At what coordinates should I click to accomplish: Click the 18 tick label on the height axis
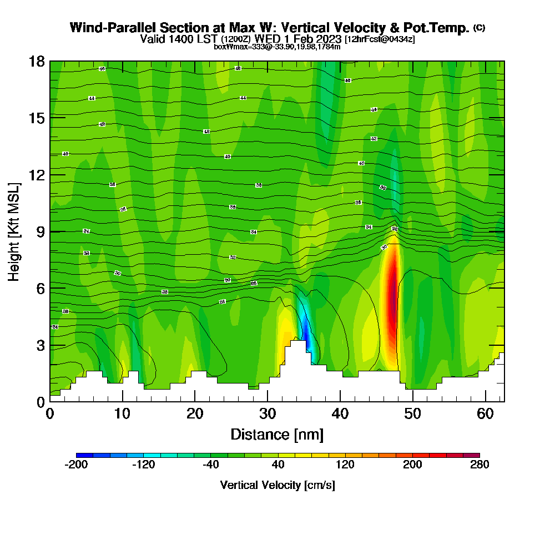point(37,61)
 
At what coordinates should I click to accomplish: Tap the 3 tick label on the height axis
point(40,345)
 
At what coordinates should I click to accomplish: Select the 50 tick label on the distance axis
point(413,414)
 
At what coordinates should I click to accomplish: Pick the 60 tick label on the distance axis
point(486,414)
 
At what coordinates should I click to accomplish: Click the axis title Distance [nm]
point(277,434)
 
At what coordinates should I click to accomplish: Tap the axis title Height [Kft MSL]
point(14,231)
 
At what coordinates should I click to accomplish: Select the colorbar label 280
point(480,465)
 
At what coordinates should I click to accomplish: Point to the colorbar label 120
point(345,465)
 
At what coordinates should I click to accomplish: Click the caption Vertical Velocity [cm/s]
point(277,485)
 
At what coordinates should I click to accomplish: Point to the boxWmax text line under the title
point(277,47)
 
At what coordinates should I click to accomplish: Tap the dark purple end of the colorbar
point(475,455)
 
